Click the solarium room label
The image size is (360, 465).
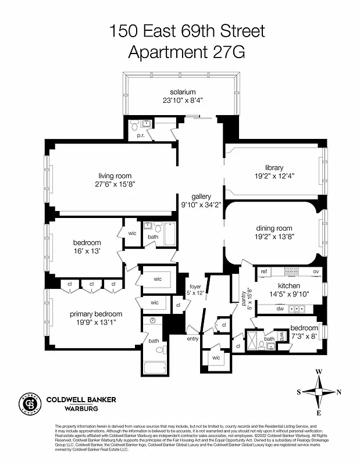183,92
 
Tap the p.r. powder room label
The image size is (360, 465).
140,135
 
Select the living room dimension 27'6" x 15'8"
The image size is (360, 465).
115,184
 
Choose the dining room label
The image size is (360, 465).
274,228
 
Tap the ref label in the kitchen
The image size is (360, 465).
263,271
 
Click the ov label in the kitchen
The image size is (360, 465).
316,271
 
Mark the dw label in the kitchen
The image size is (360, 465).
280,309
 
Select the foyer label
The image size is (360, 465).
195,286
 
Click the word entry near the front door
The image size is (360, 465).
193,338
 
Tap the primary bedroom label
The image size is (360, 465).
96,314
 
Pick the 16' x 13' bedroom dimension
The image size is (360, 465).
87,251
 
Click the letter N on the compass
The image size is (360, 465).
338,392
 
